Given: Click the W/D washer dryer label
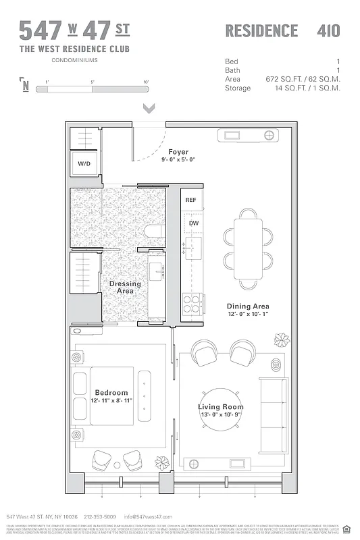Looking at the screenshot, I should pyautogui.click(x=84, y=163).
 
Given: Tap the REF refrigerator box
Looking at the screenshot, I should pyautogui.click(x=191, y=200).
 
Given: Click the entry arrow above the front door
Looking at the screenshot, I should pyautogui.click(x=149, y=108).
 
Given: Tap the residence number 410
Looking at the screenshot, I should pyautogui.click(x=328, y=30).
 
